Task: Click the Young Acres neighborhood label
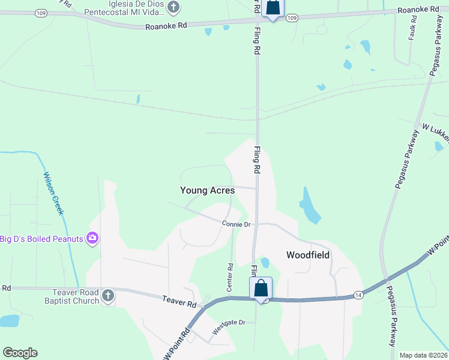[207, 190]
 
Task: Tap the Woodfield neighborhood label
[307, 255]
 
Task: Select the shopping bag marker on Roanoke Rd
[273, 8]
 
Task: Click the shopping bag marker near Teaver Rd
[261, 289]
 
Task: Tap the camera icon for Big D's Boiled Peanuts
[92, 238]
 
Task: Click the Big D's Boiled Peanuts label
[41, 239]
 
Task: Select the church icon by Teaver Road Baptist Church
[108, 296]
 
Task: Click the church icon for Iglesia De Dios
[173, 8]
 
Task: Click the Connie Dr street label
[236, 224]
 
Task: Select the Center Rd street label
[230, 277]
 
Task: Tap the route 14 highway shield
[358, 295]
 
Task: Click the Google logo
[20, 353]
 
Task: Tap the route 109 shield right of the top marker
[292, 19]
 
